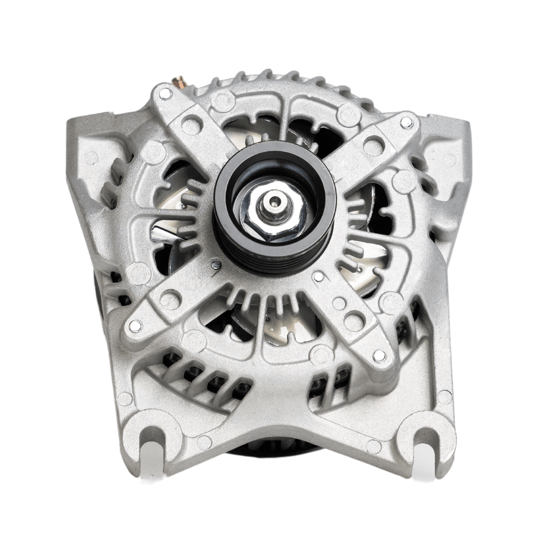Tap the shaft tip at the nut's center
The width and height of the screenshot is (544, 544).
click(275, 201)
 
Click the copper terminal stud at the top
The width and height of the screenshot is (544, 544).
click(180, 81)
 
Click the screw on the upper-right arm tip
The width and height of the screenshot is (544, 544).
click(406, 122)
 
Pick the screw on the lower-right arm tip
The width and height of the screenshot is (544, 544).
click(379, 355)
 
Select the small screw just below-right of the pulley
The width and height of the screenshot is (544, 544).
click(318, 276)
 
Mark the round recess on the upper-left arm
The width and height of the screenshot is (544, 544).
click(191, 125)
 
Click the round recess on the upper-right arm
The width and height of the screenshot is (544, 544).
click(373, 146)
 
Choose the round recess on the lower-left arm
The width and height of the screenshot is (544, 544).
click(170, 299)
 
